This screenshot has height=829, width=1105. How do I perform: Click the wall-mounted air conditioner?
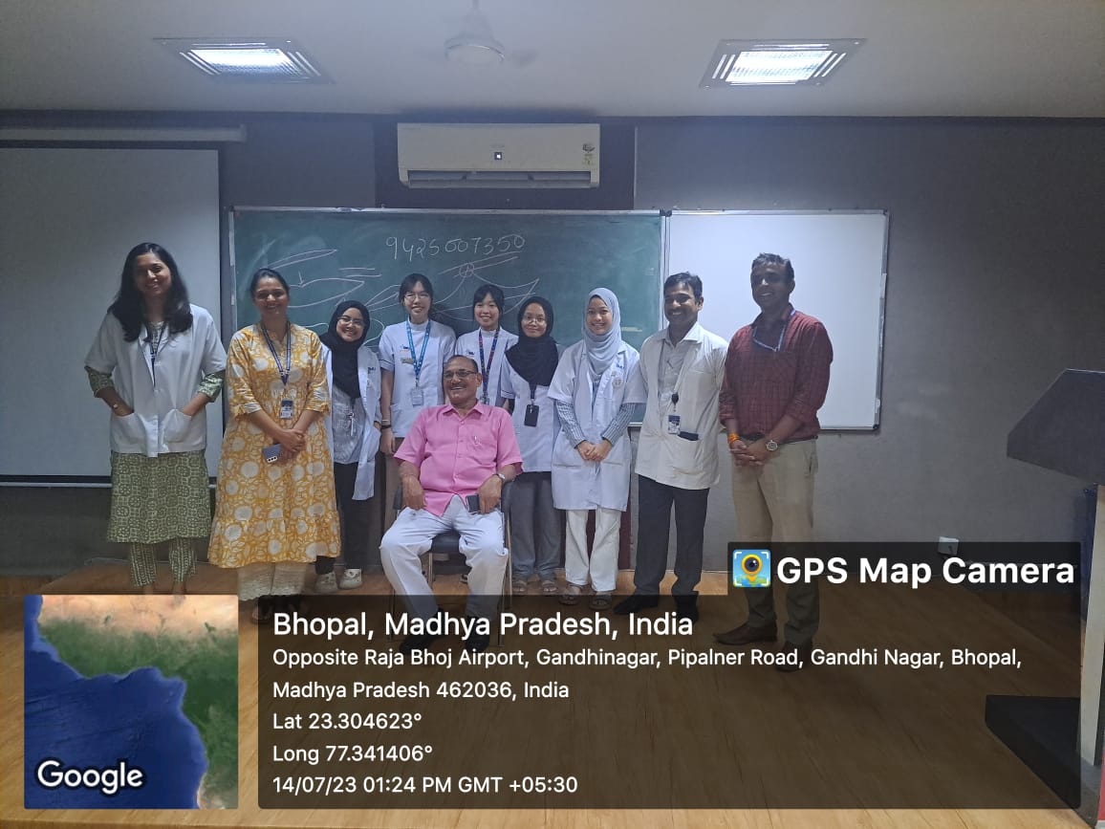pyautogui.click(x=498, y=155)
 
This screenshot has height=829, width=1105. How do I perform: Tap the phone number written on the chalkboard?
pyautogui.click(x=455, y=246)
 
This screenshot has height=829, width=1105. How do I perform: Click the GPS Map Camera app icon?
pyautogui.click(x=751, y=568)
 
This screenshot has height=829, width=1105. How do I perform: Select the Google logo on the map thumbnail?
pyautogui.click(x=90, y=776)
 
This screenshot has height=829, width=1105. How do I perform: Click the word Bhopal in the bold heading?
pyautogui.click(x=323, y=625)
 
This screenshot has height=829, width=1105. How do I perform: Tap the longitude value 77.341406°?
pyautogui.click(x=379, y=753)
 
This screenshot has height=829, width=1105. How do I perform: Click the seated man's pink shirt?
pyautogui.click(x=458, y=452)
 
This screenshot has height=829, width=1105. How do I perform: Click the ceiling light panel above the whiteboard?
pyautogui.click(x=780, y=62)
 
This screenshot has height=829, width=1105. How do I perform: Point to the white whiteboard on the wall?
pyautogui.click(x=775, y=318)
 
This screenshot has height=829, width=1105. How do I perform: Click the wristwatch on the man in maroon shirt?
pyautogui.click(x=771, y=445)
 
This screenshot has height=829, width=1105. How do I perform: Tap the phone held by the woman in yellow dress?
pyautogui.click(x=271, y=452)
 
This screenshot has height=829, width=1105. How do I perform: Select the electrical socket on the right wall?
pyautogui.click(x=948, y=546)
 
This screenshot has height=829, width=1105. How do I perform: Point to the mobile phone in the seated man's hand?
pyautogui.click(x=473, y=503)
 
